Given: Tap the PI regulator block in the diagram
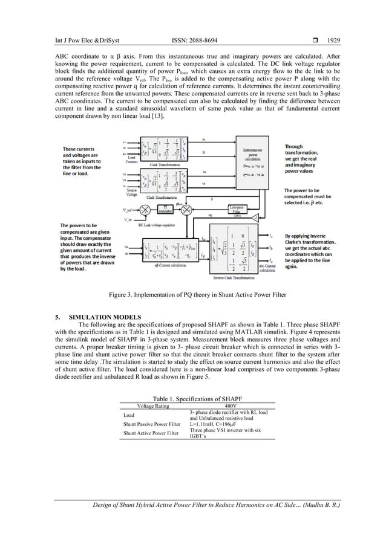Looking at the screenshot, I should coord(162,208).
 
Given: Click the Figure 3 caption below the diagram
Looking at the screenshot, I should coord(193,295).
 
